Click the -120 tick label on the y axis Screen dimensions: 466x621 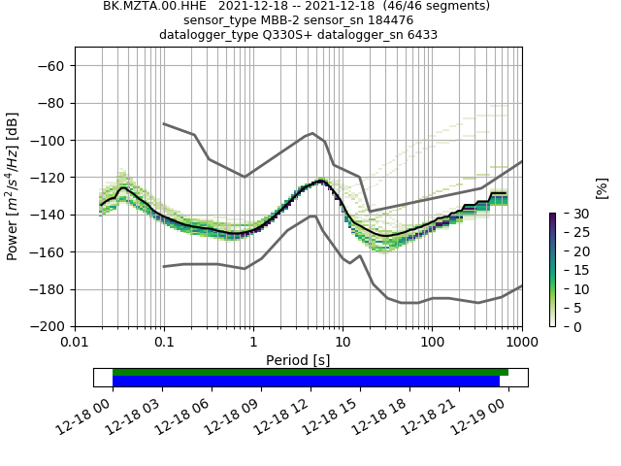tap(50, 178)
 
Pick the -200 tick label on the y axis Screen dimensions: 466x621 tap(50, 327)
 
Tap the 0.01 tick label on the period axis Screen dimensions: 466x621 tap(75, 343)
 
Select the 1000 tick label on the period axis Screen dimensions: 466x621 tap(521, 343)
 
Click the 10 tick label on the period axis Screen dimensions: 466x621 tap(343, 343)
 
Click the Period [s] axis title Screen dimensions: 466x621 tap(298, 360)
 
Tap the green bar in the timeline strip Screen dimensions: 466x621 tap(310, 372)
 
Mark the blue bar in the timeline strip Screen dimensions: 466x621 tap(306, 382)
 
